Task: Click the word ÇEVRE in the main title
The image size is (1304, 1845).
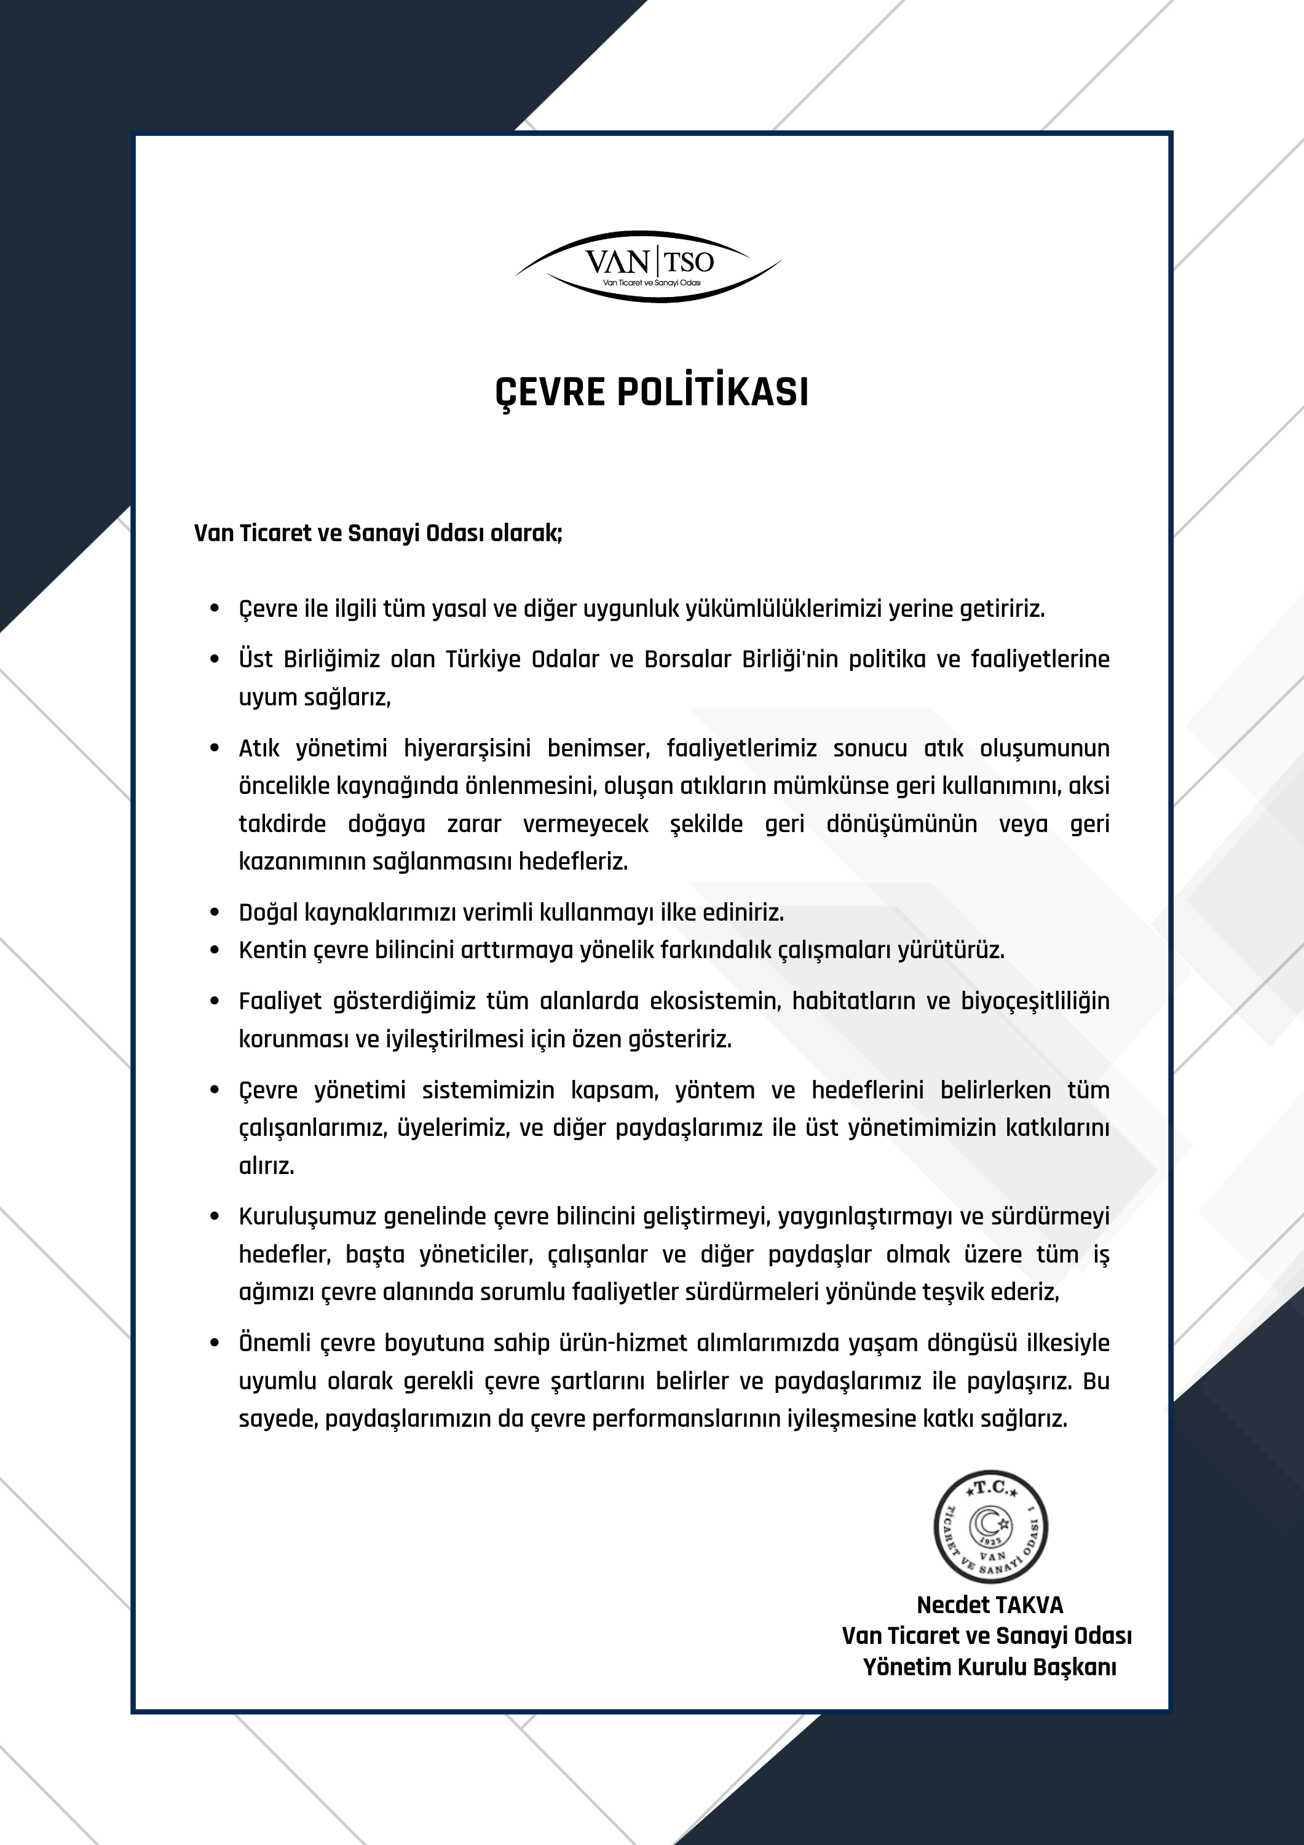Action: click(550, 393)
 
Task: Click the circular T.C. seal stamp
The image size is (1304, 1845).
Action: click(990, 1528)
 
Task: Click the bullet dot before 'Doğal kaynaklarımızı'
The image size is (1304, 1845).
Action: click(215, 913)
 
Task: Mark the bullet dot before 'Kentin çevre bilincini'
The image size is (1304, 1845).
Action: click(215, 951)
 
